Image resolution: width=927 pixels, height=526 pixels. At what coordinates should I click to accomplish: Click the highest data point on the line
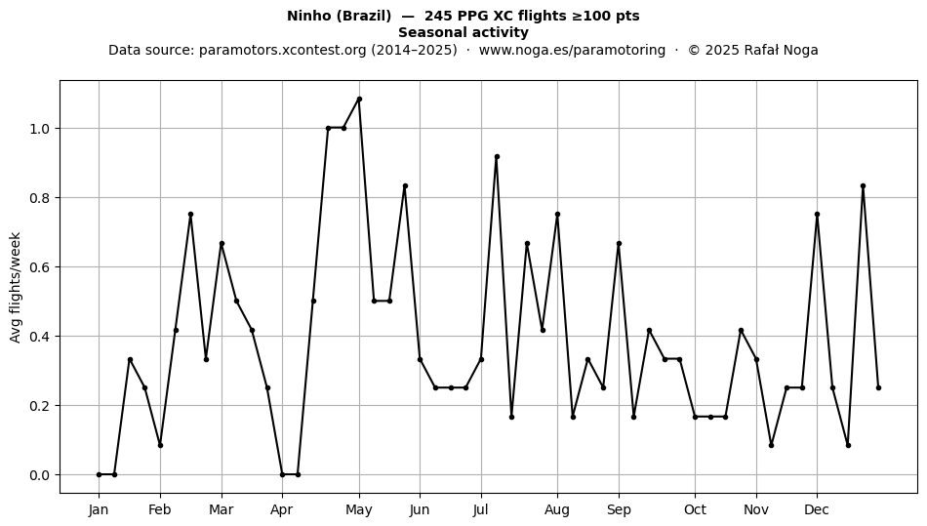[x=359, y=100]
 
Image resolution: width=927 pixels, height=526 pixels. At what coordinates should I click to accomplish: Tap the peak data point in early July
[x=497, y=156]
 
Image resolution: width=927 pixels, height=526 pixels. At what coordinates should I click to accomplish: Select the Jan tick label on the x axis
[x=99, y=509]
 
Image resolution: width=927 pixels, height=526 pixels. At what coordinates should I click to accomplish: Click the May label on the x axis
[x=359, y=509]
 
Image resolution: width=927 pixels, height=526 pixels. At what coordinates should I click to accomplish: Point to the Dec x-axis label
[x=817, y=509]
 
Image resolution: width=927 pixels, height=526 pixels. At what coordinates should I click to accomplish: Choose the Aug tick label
[x=557, y=509]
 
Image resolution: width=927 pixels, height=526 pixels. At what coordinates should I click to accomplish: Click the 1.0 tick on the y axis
[x=40, y=129]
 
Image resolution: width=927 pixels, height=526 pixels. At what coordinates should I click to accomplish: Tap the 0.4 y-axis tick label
[x=40, y=337]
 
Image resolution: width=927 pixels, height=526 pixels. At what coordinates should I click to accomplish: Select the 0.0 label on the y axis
[x=40, y=475]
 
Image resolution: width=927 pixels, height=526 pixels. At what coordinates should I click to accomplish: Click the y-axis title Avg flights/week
[x=16, y=287]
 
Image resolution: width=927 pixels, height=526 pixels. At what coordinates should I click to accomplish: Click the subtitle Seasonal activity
[x=463, y=32]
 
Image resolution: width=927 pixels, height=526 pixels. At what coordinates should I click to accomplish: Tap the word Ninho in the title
[x=309, y=16]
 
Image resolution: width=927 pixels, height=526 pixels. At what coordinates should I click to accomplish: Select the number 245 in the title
[x=437, y=16]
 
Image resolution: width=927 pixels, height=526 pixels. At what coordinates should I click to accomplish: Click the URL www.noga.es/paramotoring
[x=572, y=50]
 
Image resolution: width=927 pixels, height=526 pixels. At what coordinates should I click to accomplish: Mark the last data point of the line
[x=878, y=387]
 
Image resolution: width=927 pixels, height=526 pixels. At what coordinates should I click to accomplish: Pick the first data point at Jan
[x=99, y=474]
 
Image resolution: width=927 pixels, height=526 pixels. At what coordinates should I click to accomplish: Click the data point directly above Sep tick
[x=619, y=244]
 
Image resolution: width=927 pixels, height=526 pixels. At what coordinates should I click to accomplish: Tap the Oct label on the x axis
[x=695, y=509]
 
